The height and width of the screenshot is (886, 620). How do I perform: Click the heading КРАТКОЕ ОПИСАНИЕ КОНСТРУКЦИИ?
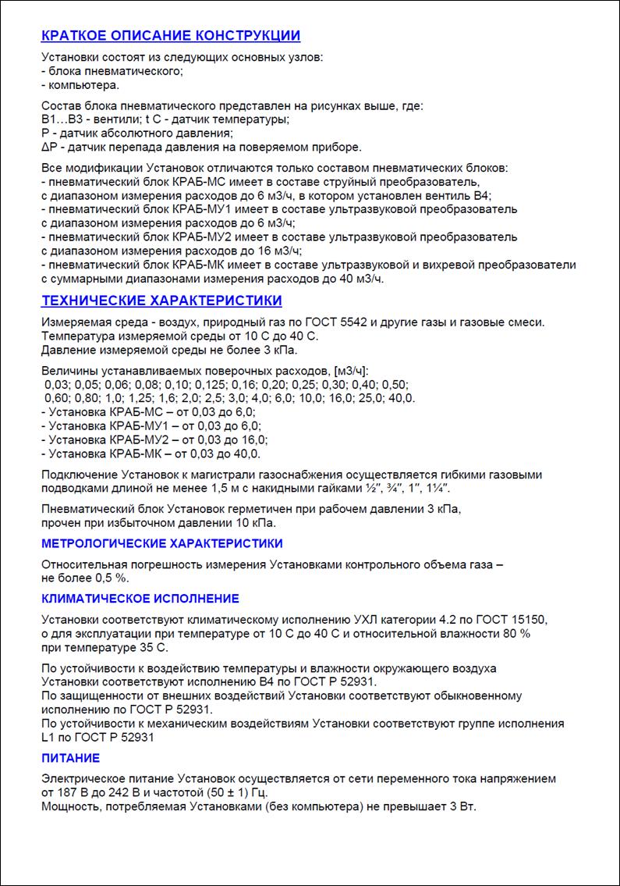click(x=170, y=36)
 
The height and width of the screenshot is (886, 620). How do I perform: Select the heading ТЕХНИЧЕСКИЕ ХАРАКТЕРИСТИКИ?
click(x=161, y=301)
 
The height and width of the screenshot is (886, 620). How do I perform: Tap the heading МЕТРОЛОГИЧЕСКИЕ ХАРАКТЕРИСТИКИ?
click(x=161, y=543)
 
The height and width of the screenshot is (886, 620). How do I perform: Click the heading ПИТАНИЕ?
click(x=70, y=758)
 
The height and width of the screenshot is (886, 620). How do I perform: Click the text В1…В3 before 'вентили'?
click(x=61, y=119)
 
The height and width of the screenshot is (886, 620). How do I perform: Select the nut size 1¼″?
click(x=437, y=489)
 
